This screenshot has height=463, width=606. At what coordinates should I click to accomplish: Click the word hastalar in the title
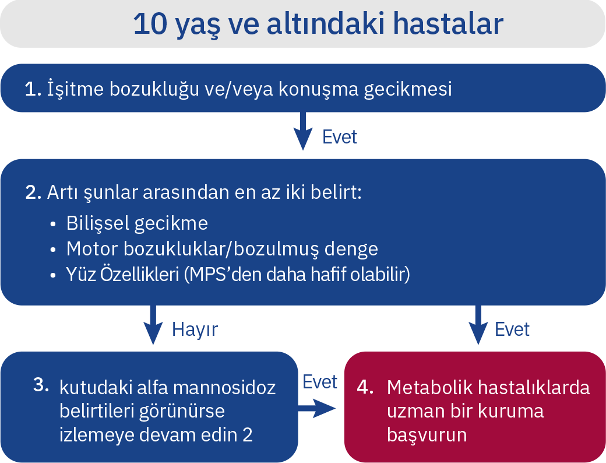tap(448, 24)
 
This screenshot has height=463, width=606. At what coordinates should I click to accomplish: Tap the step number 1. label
tap(33, 89)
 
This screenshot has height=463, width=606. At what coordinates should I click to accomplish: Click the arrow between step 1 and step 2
tap(303, 131)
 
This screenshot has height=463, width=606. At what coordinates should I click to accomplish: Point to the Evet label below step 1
tap(339, 137)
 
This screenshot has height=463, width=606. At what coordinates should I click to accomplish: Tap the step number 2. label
tap(33, 192)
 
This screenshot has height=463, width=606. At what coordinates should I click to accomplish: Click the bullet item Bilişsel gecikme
tap(137, 223)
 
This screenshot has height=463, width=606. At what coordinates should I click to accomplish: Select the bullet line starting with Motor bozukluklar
tap(222, 249)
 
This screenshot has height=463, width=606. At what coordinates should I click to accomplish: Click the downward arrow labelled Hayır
tap(153, 325)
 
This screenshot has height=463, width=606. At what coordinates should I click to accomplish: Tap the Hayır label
tap(195, 330)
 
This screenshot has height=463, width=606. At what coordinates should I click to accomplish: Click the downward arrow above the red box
tap(478, 325)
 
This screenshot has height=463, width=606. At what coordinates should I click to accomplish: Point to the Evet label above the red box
tap(512, 329)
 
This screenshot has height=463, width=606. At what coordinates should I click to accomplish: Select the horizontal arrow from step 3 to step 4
tap(317, 408)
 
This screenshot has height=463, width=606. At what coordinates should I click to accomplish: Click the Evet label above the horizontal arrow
tap(320, 382)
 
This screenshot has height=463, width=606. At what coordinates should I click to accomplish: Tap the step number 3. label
tap(41, 385)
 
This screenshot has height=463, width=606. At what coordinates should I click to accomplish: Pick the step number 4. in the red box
tap(365, 387)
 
